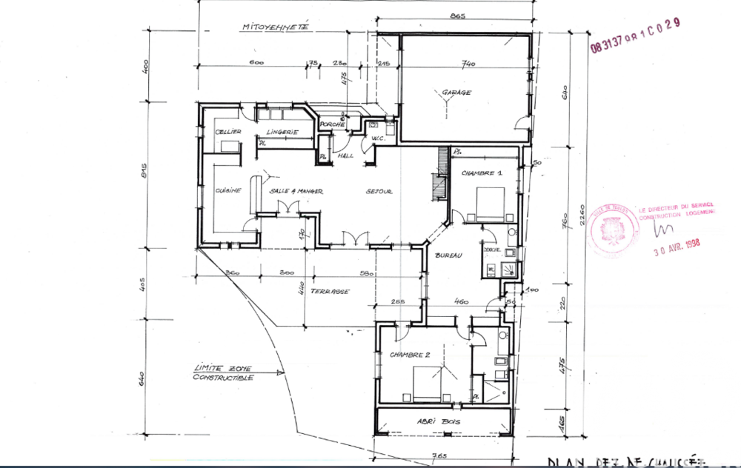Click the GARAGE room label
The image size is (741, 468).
(x=456, y=93)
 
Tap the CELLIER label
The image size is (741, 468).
(x=227, y=132)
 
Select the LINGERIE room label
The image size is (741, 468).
(x=282, y=132)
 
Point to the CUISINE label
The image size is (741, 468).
(x=227, y=190)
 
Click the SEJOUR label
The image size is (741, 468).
(x=379, y=191)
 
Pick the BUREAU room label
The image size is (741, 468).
(x=449, y=255)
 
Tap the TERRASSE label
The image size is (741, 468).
(x=330, y=291)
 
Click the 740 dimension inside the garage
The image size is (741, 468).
(x=468, y=65)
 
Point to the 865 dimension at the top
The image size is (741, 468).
(x=456, y=16)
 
